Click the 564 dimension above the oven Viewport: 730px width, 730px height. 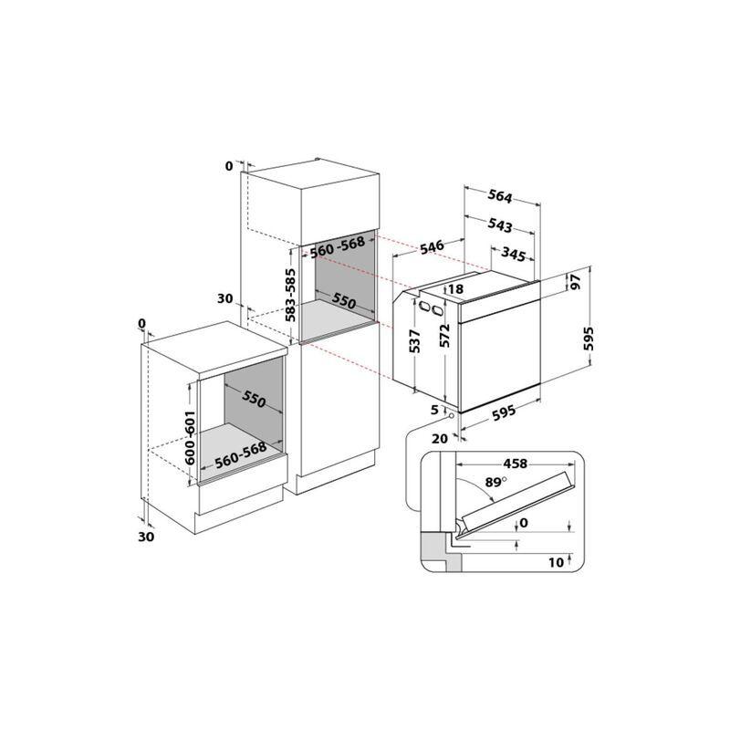click(x=500, y=196)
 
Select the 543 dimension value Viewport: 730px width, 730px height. click(x=500, y=225)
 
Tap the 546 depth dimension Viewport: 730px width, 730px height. click(x=432, y=246)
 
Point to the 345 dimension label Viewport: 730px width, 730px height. click(x=514, y=255)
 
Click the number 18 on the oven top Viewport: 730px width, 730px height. click(x=455, y=289)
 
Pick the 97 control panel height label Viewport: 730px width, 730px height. click(x=576, y=282)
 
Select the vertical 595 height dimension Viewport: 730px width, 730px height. click(x=589, y=339)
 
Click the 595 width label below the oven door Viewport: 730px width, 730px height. click(x=504, y=413)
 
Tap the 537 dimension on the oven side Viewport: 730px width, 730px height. click(x=415, y=340)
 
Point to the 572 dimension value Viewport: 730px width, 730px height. click(x=444, y=335)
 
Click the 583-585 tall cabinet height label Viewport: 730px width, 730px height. click(x=291, y=295)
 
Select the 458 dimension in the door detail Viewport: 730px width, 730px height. click(x=516, y=464)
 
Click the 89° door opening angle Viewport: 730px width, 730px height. click(x=495, y=482)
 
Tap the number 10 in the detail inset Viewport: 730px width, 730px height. click(x=556, y=562)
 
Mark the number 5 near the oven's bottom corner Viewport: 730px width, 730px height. click(x=435, y=410)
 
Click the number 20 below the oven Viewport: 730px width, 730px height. click(x=440, y=438)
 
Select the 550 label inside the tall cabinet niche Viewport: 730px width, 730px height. click(x=344, y=302)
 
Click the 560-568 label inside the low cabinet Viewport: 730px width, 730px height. click(x=240, y=454)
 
